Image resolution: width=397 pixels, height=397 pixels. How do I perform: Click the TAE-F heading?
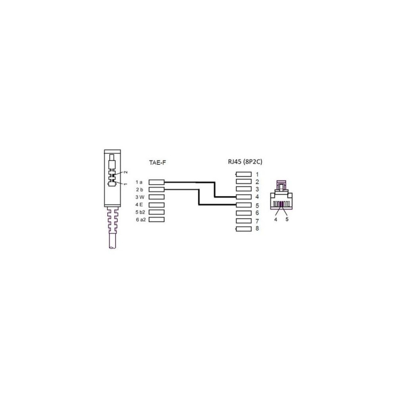point(157,163)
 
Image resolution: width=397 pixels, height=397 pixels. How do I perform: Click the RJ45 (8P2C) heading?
point(245,162)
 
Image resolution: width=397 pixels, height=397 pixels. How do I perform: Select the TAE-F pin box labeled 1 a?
point(156,182)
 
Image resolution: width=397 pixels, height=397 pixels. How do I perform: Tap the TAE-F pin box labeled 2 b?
point(156,190)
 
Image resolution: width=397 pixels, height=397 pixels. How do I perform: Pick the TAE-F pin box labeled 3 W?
point(156,197)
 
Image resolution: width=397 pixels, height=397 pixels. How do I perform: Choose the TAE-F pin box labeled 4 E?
point(156,204)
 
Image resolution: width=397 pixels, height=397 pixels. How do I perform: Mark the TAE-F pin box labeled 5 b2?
point(156,212)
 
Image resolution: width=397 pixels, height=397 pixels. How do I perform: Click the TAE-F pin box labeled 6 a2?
point(156,219)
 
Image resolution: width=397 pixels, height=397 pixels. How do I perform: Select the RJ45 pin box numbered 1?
point(244,174)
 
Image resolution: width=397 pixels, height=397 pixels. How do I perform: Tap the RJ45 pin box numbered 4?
point(244,197)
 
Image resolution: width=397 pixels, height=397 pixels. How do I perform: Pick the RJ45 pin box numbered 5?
point(244,205)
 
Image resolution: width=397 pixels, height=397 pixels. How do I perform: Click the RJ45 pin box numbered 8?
point(244,229)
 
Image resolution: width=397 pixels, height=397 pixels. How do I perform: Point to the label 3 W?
point(139,197)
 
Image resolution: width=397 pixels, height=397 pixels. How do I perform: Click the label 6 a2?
point(141,219)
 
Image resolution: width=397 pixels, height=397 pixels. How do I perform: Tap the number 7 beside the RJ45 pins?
point(257,221)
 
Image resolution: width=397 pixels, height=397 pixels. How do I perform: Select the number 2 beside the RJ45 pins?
point(257,182)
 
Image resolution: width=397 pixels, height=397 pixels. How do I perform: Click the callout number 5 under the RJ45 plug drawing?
point(287,219)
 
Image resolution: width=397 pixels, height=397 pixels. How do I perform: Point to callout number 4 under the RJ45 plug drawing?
point(276,219)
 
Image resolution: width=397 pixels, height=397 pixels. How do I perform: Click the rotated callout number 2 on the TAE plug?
point(126,172)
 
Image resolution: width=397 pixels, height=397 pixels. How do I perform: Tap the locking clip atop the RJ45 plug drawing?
point(281,185)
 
